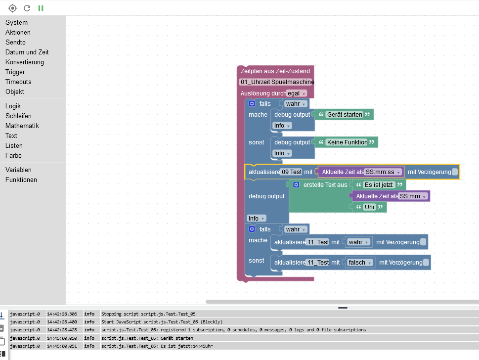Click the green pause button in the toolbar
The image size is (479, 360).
click(41, 8)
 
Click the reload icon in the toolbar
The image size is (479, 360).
click(27, 8)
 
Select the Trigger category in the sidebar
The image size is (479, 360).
click(15, 72)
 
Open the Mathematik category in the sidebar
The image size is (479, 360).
click(22, 126)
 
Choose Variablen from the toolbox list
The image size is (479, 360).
click(18, 170)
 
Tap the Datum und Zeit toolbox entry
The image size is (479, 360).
click(27, 52)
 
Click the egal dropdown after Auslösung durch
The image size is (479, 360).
click(297, 93)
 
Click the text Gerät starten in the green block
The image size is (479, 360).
click(345, 115)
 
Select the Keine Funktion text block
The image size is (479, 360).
click(347, 142)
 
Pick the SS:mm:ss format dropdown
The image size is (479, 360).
click(384, 172)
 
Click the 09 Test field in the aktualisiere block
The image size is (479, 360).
click(292, 172)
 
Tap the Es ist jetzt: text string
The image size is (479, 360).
click(379, 185)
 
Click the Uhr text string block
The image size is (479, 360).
click(370, 207)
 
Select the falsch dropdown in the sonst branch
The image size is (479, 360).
click(359, 263)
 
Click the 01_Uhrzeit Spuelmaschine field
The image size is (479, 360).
click(277, 82)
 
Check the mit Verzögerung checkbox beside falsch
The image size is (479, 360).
click(426, 263)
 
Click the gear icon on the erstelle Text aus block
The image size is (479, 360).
click(296, 185)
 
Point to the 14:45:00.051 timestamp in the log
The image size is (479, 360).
click(63, 346)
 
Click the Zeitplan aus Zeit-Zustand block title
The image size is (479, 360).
click(275, 71)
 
